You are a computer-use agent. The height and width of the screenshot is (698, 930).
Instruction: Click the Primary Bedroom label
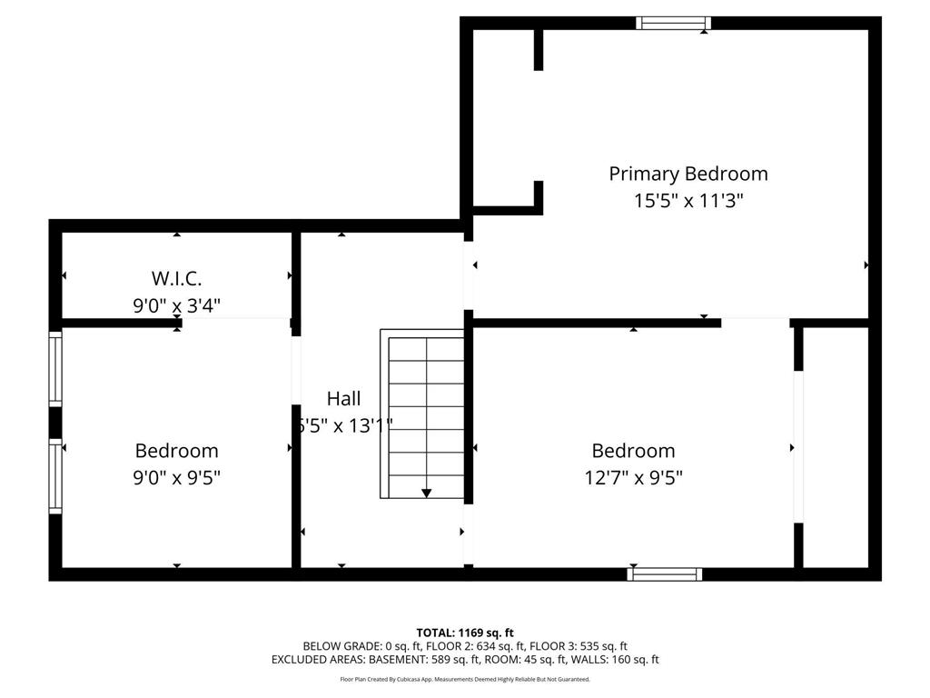[688, 174]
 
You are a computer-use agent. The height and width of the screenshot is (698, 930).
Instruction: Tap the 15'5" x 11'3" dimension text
[688, 201]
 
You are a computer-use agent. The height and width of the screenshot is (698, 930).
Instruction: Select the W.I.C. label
[176, 278]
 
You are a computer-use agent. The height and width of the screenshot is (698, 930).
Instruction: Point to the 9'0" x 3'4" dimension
[176, 305]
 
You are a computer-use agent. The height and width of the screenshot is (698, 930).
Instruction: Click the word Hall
[343, 398]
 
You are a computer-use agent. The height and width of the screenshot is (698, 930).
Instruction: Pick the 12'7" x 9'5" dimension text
[633, 477]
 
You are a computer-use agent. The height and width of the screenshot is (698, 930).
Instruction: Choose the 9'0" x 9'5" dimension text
[176, 477]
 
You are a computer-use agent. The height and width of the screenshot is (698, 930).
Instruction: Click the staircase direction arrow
[427, 493]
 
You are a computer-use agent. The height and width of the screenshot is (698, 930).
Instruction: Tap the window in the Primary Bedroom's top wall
[673, 23]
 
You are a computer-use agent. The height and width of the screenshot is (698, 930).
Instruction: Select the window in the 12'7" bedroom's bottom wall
[665, 573]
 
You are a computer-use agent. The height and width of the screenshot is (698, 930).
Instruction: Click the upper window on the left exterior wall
[55, 368]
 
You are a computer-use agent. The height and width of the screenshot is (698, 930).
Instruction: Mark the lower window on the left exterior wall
[55, 476]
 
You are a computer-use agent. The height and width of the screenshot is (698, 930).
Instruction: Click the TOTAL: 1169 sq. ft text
[465, 633]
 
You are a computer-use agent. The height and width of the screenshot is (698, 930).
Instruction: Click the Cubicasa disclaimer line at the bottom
[465, 679]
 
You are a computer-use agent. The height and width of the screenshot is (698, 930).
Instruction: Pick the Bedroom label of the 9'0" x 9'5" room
[176, 451]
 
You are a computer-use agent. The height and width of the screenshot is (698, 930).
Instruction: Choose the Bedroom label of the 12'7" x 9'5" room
[633, 451]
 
